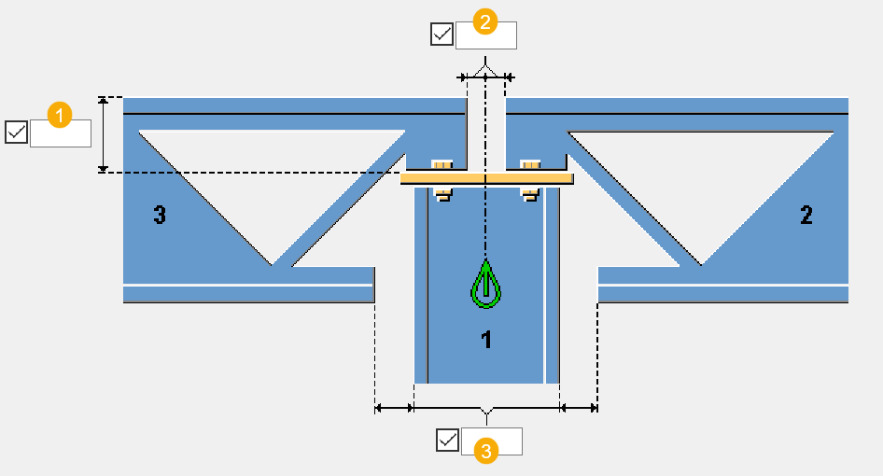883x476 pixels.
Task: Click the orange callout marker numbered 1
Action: (x=60, y=117)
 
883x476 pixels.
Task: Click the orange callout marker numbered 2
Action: (x=484, y=22)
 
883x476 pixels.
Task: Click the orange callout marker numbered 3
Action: (x=484, y=451)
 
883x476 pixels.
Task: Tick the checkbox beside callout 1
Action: (x=16, y=133)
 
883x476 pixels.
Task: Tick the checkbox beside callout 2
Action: (x=441, y=35)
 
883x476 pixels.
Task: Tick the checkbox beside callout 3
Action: (x=448, y=440)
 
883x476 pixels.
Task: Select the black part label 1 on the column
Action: (x=485, y=341)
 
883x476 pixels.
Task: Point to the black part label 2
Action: (x=806, y=216)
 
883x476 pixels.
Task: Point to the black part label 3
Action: (x=160, y=216)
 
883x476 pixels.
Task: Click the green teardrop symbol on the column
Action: (x=485, y=286)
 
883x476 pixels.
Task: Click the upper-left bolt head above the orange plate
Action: (x=441, y=165)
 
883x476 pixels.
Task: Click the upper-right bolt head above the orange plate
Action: (x=530, y=165)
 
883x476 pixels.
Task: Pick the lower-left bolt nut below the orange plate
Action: (x=441, y=193)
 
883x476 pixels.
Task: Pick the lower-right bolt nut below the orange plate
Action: (x=530, y=193)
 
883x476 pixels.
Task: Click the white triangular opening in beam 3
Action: (x=271, y=177)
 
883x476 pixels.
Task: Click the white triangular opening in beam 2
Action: (x=700, y=177)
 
